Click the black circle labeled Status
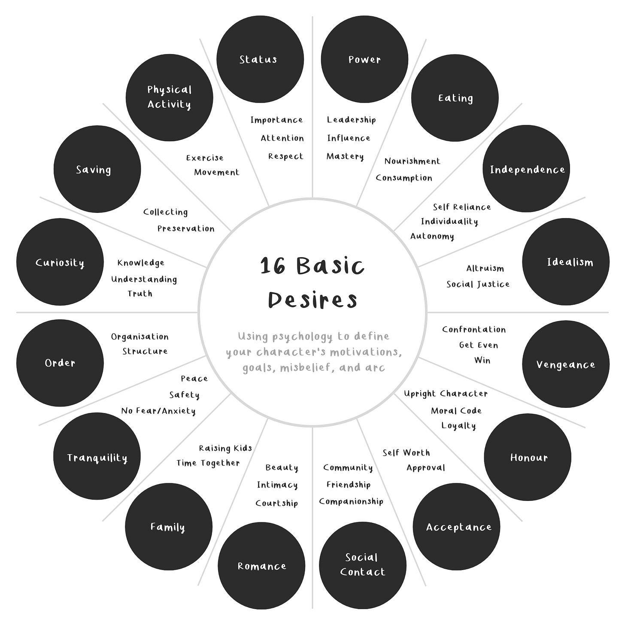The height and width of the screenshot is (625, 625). [260, 60]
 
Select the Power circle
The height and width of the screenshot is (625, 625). [364, 60]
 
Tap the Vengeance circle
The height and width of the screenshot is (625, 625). [566, 364]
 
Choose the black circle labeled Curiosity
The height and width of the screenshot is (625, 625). [60, 262]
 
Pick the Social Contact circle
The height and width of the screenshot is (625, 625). [363, 565]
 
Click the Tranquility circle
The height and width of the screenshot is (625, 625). [97, 456]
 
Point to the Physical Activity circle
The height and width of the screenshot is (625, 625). [170, 97]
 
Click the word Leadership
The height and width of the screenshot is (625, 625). [351, 120]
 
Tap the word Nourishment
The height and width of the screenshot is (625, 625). [412, 161]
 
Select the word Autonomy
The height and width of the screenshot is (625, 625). [432, 236]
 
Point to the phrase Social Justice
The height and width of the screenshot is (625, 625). [478, 284]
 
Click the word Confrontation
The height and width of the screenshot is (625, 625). [474, 330]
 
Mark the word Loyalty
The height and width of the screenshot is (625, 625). [458, 426]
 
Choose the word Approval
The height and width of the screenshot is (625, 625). [425, 468]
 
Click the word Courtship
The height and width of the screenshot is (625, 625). [276, 503]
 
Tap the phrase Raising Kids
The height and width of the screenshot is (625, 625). [225, 449]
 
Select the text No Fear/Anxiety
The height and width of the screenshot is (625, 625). [158, 411]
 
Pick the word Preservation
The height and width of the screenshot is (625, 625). [186, 228]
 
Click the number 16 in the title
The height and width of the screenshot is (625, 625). [273, 266]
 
